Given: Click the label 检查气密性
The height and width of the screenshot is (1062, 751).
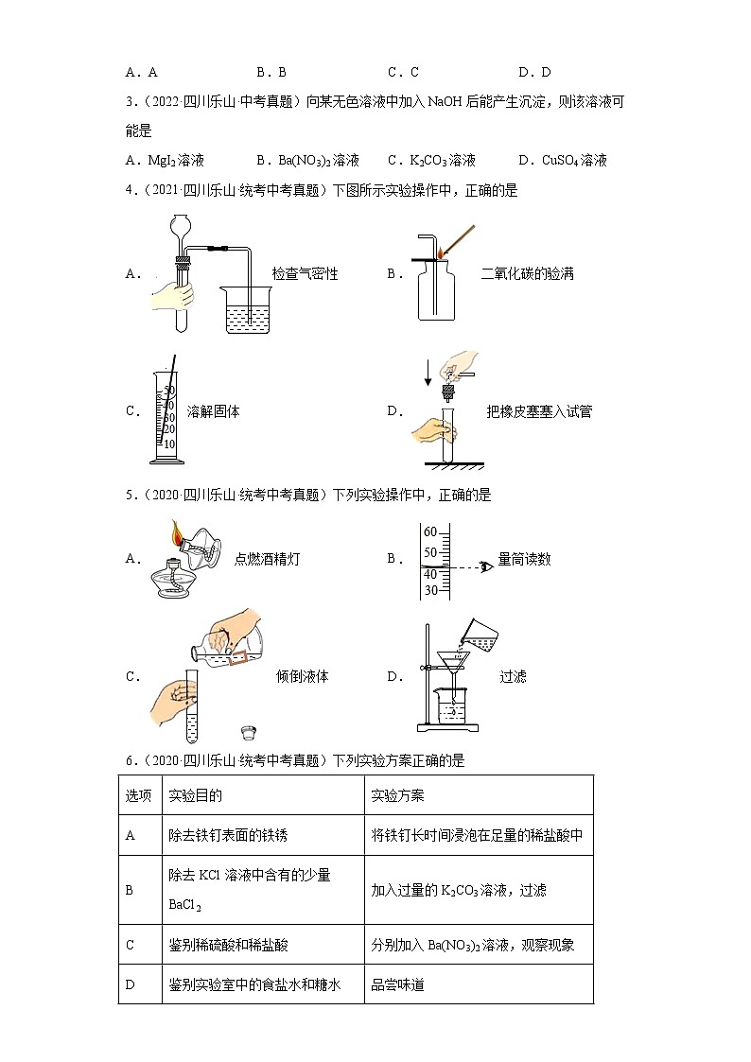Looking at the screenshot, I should pos(305,274).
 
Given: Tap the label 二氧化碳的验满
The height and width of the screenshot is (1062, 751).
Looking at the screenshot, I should pos(527,274).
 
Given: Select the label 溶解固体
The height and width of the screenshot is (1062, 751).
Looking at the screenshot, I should pos(214,411).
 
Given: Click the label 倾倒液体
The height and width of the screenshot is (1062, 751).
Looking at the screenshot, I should pos(302,677).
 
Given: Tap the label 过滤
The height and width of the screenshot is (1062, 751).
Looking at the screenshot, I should pos(513,677).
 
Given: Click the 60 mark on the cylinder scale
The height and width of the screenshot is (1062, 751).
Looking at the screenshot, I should pos(430,532).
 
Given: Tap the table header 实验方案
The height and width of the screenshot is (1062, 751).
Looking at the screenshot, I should pos(398,795).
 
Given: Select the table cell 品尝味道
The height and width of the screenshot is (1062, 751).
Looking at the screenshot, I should pos(398,984).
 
